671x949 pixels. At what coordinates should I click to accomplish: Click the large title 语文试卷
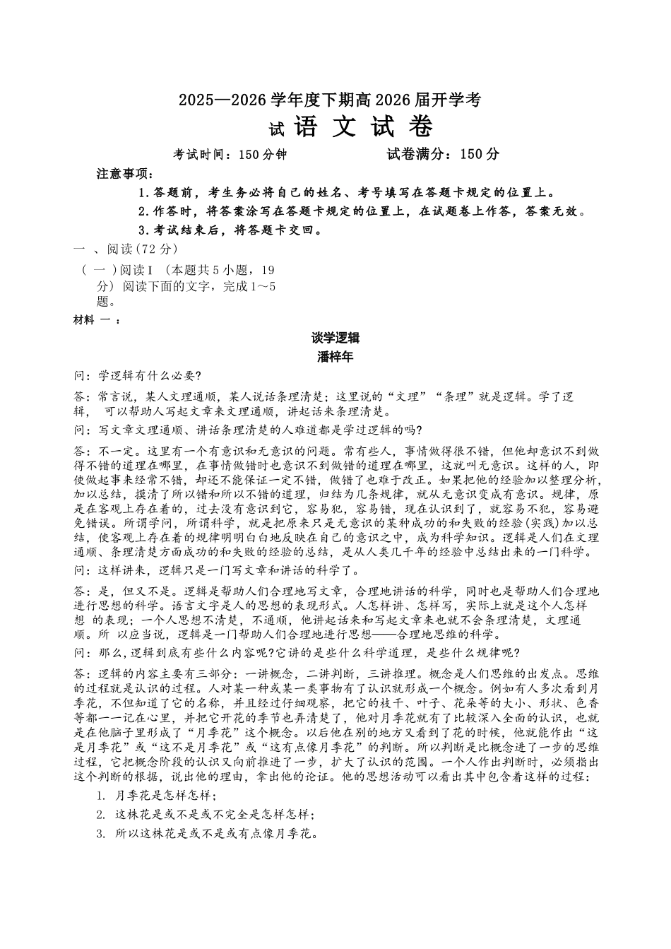point(363,127)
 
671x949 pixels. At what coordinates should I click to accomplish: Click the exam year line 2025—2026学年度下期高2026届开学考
point(329,100)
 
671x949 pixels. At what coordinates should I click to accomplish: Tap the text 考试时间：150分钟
point(230,154)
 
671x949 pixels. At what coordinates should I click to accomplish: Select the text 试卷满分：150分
point(443,154)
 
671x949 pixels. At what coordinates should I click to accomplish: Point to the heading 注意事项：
point(125,174)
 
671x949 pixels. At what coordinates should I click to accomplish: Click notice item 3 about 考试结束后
point(231,230)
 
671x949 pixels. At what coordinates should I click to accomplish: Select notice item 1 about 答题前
point(347,192)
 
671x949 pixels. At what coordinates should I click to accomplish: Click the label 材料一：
point(97,320)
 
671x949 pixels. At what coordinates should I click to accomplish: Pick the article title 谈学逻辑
point(335,338)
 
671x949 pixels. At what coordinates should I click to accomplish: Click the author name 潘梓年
point(335,357)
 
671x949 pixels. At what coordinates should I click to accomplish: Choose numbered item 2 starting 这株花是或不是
point(206,814)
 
